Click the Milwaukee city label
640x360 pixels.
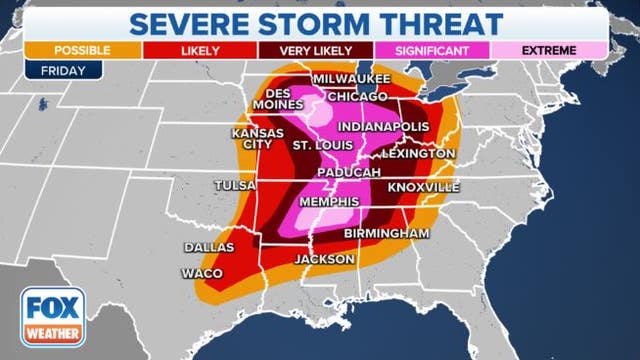click(352, 78)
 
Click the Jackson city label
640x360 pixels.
click(325, 259)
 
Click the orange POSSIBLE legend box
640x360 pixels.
click(69, 48)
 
